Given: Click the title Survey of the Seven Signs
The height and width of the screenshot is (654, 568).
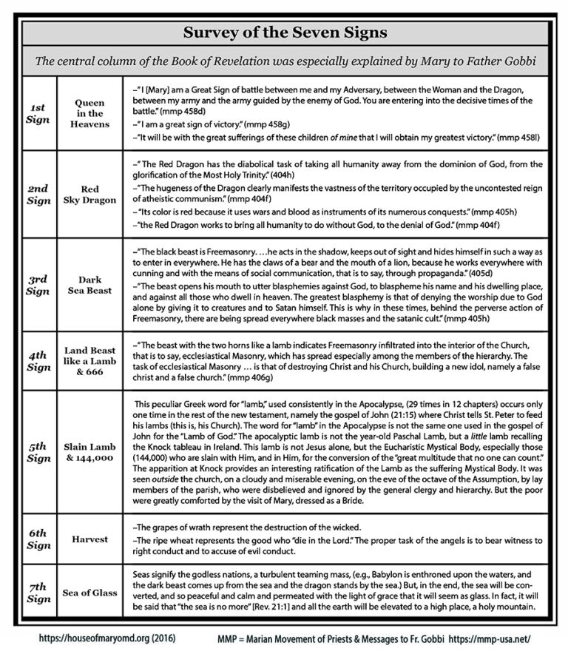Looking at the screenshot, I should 284,33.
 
